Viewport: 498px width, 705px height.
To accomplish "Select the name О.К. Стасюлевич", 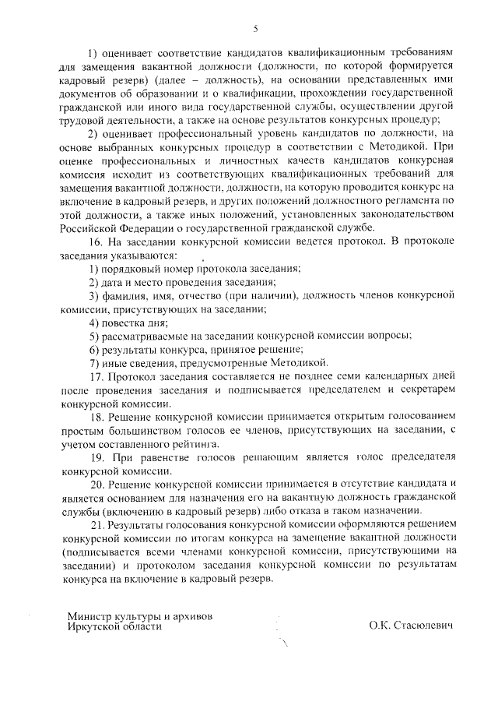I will point(410,626).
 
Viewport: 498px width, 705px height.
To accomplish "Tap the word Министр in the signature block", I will point(89,615).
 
